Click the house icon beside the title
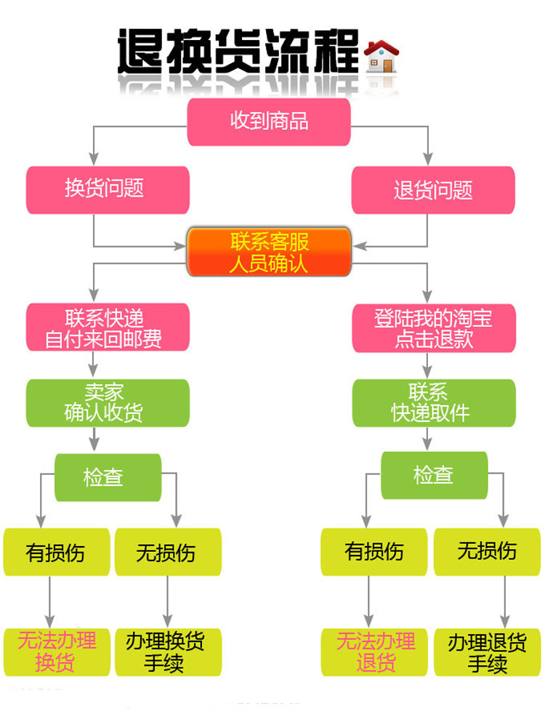coord(381,56)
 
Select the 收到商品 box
coord(269,121)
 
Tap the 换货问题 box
coord(108,190)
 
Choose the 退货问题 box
coord(433,190)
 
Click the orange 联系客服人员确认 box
coord(269,251)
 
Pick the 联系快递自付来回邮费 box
coord(108,328)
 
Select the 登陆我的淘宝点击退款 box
coord(433,328)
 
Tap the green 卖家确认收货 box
coord(108,402)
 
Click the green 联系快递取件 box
coord(433,402)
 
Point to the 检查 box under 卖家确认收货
coord(108,477)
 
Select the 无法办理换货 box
coord(56,651)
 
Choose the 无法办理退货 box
coord(376,651)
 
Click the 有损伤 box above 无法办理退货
coord(376,551)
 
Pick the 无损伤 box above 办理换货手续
coord(166,552)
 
